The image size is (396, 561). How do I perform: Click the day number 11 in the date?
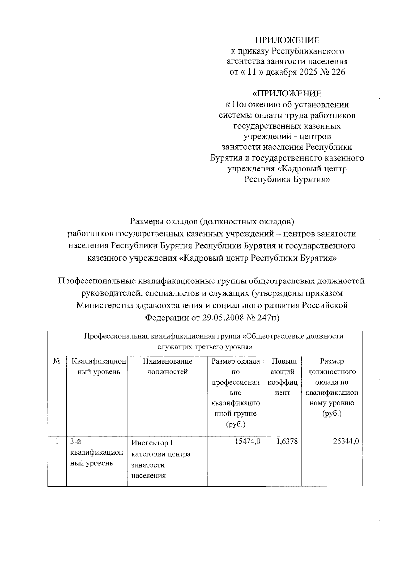[252, 72]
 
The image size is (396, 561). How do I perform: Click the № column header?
[57, 362]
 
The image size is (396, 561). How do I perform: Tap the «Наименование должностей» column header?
[167, 367]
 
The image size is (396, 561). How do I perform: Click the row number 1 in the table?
[57, 442]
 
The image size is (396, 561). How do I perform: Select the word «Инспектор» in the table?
[148, 443]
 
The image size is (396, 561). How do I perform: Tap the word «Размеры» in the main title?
[146, 220]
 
